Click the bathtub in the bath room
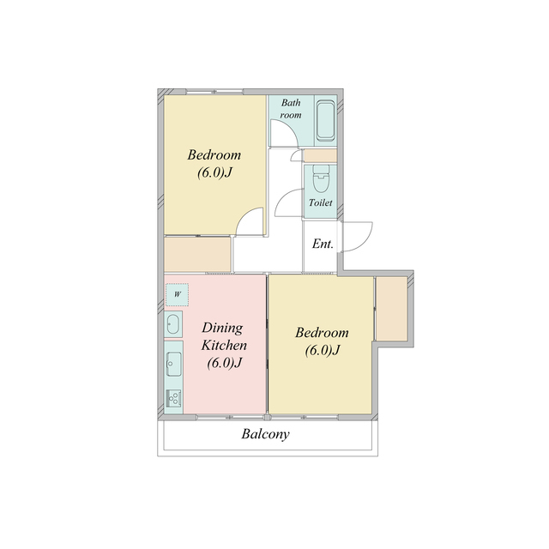coord(326,120)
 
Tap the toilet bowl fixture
coord(321,178)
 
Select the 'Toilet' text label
coord(320,202)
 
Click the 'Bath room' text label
coord(291,109)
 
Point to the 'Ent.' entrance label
coord(323,244)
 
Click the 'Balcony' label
coord(265,434)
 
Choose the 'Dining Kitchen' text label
coord(224,336)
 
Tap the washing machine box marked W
coord(178,294)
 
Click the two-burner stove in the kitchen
coord(173,398)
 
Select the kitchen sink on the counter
coord(173,364)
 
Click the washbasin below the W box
coord(173,324)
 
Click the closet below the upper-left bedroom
coord(197,255)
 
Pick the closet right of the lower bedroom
coord(391,309)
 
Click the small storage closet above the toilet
coord(320,155)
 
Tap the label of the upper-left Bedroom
coord(214,164)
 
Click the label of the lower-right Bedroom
coord(322,341)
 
